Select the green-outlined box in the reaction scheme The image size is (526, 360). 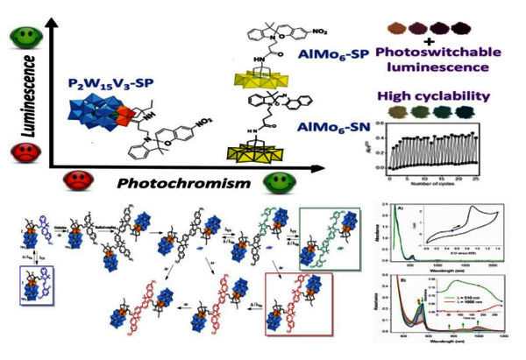[x=328, y=236]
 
